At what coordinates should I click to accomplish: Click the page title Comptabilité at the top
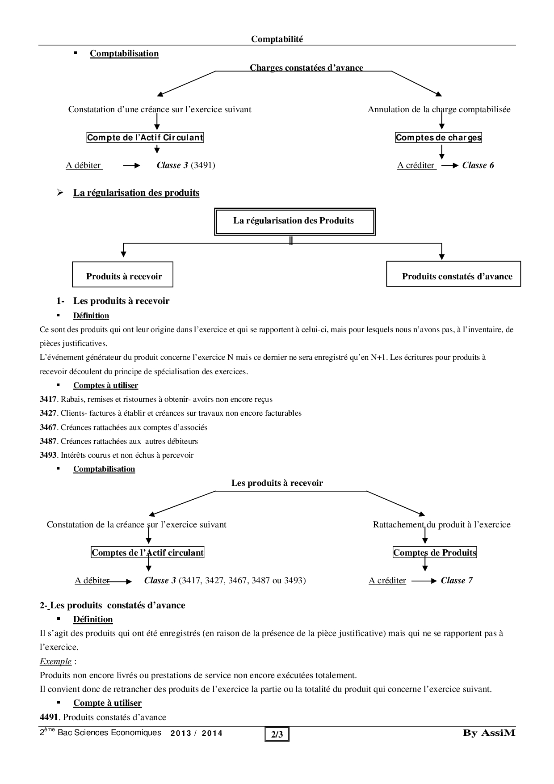277,39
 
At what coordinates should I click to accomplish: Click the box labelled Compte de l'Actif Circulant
145,137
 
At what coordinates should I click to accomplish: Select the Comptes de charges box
439,137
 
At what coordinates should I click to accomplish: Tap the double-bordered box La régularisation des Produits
294,221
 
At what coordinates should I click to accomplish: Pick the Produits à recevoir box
123,274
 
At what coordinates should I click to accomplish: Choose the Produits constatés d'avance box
453,274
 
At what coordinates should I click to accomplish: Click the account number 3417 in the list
48,399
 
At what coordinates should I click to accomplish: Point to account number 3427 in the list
48,413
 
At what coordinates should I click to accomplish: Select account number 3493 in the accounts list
48,455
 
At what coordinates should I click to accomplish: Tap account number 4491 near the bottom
49,717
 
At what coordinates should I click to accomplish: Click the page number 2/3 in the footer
277,734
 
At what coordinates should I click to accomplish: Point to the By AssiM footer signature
489,733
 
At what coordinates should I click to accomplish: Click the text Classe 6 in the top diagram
478,165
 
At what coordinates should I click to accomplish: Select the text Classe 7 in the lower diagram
457,581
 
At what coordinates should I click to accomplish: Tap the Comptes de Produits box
435,553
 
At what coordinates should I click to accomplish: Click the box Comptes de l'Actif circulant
147,553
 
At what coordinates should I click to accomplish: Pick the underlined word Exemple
55,661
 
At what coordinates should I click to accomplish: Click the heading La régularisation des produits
136,193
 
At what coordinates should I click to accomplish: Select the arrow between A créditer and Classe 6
449,165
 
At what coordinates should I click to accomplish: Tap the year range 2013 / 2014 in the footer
197,733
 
